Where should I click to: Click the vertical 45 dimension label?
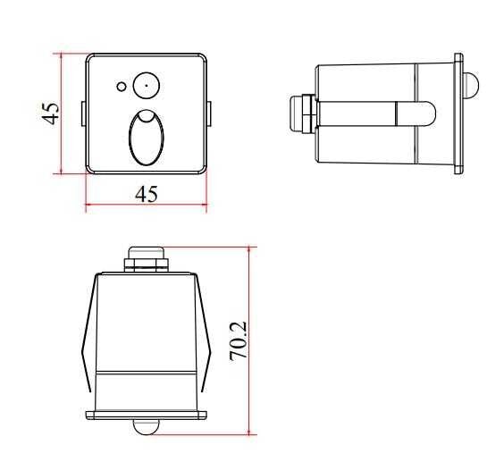pos(52,113)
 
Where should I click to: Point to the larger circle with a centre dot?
pos(144,86)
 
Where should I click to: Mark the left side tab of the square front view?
pos(83,113)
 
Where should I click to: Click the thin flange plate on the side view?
pos(458,113)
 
